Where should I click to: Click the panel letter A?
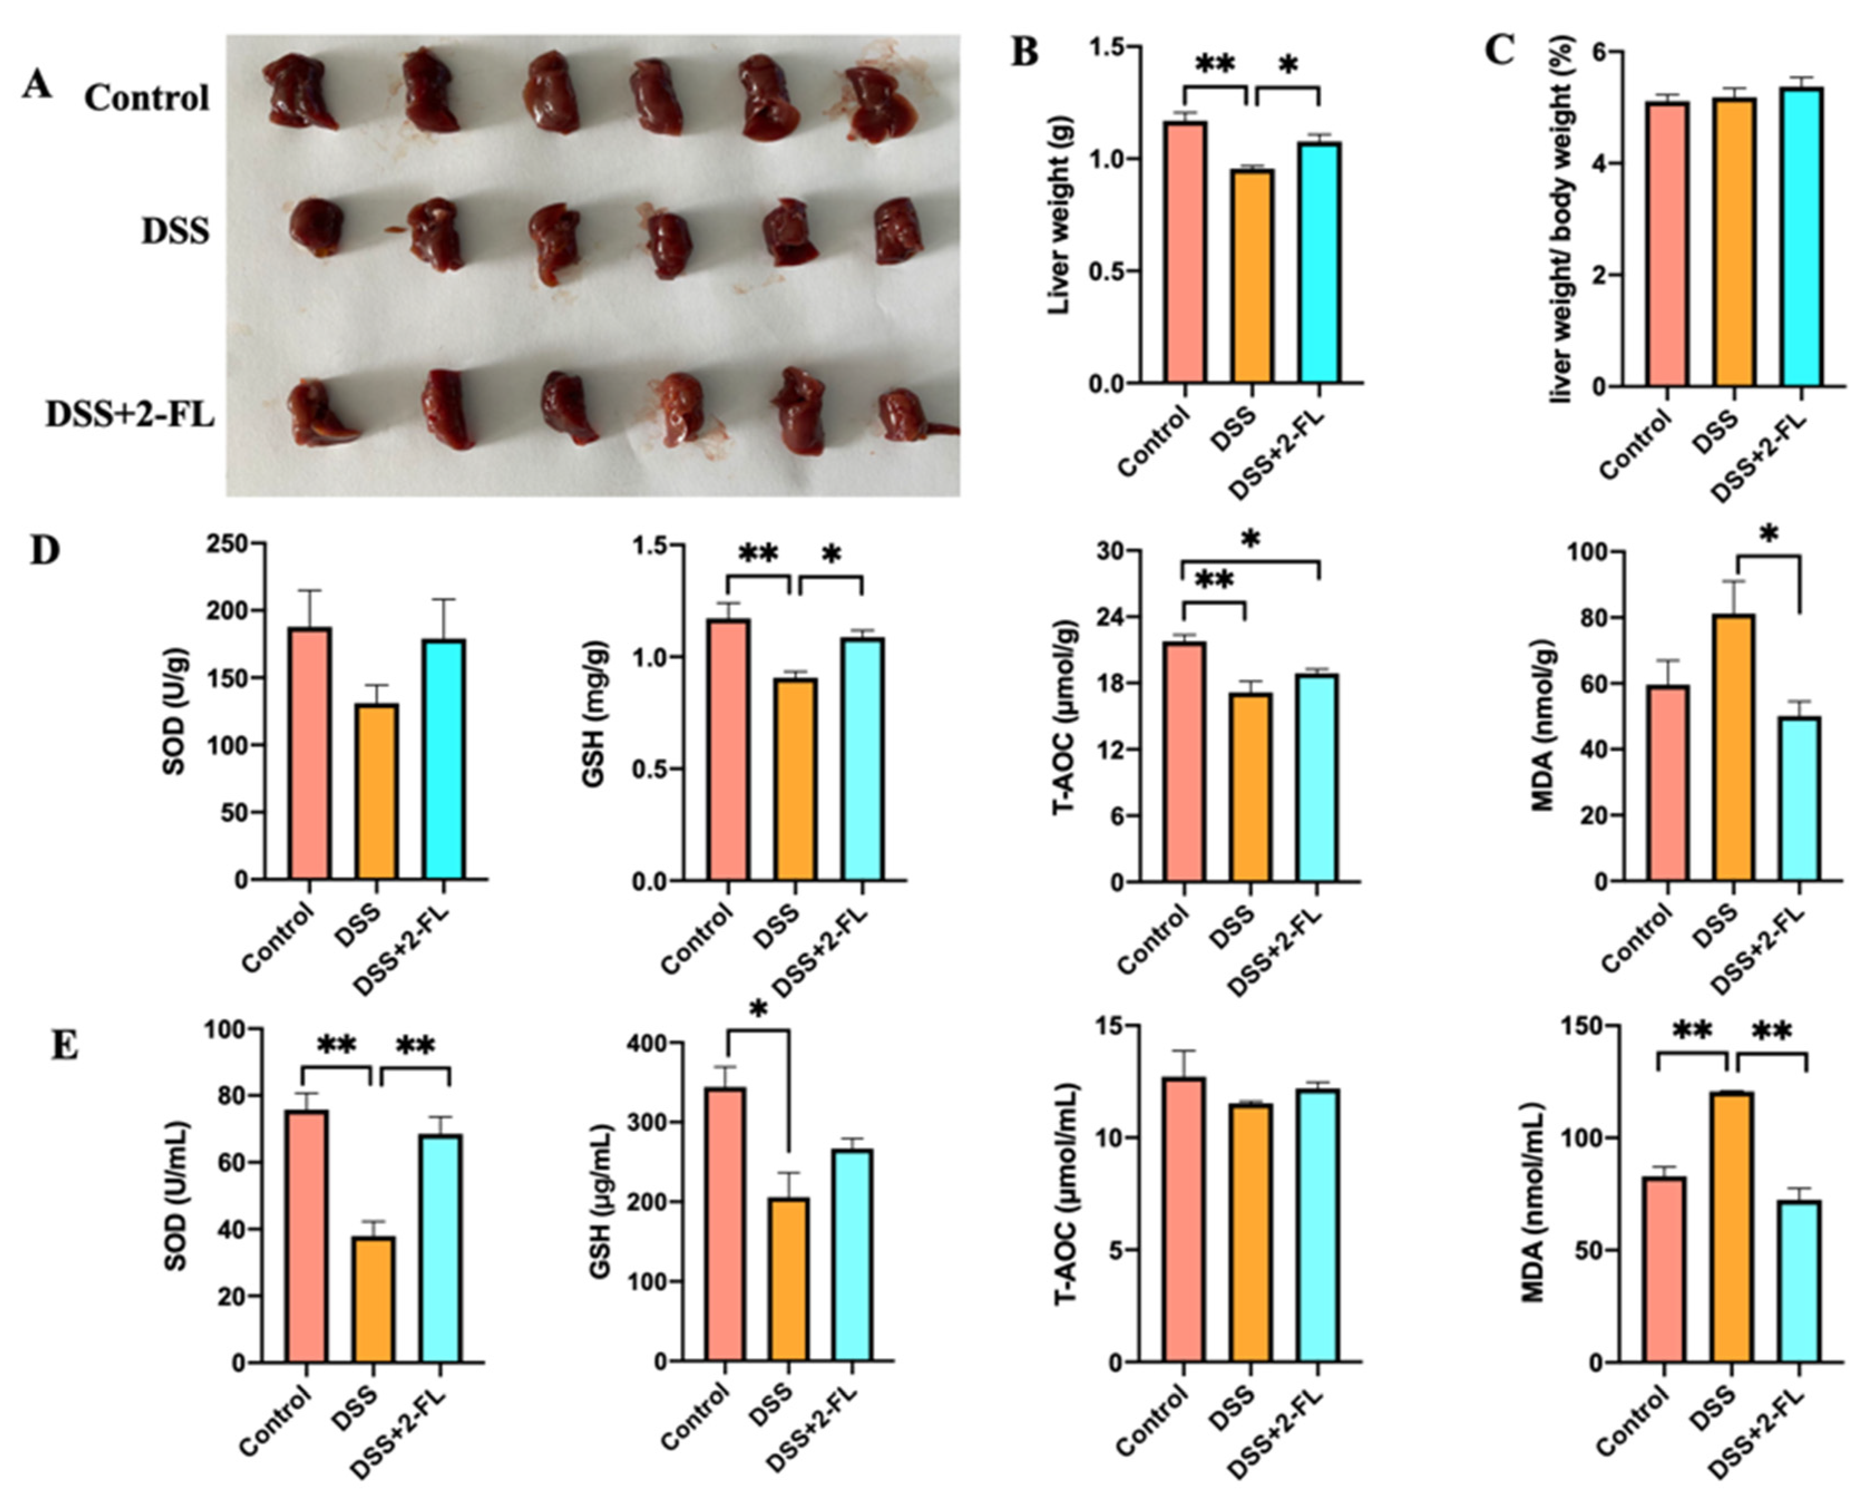click(36, 85)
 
